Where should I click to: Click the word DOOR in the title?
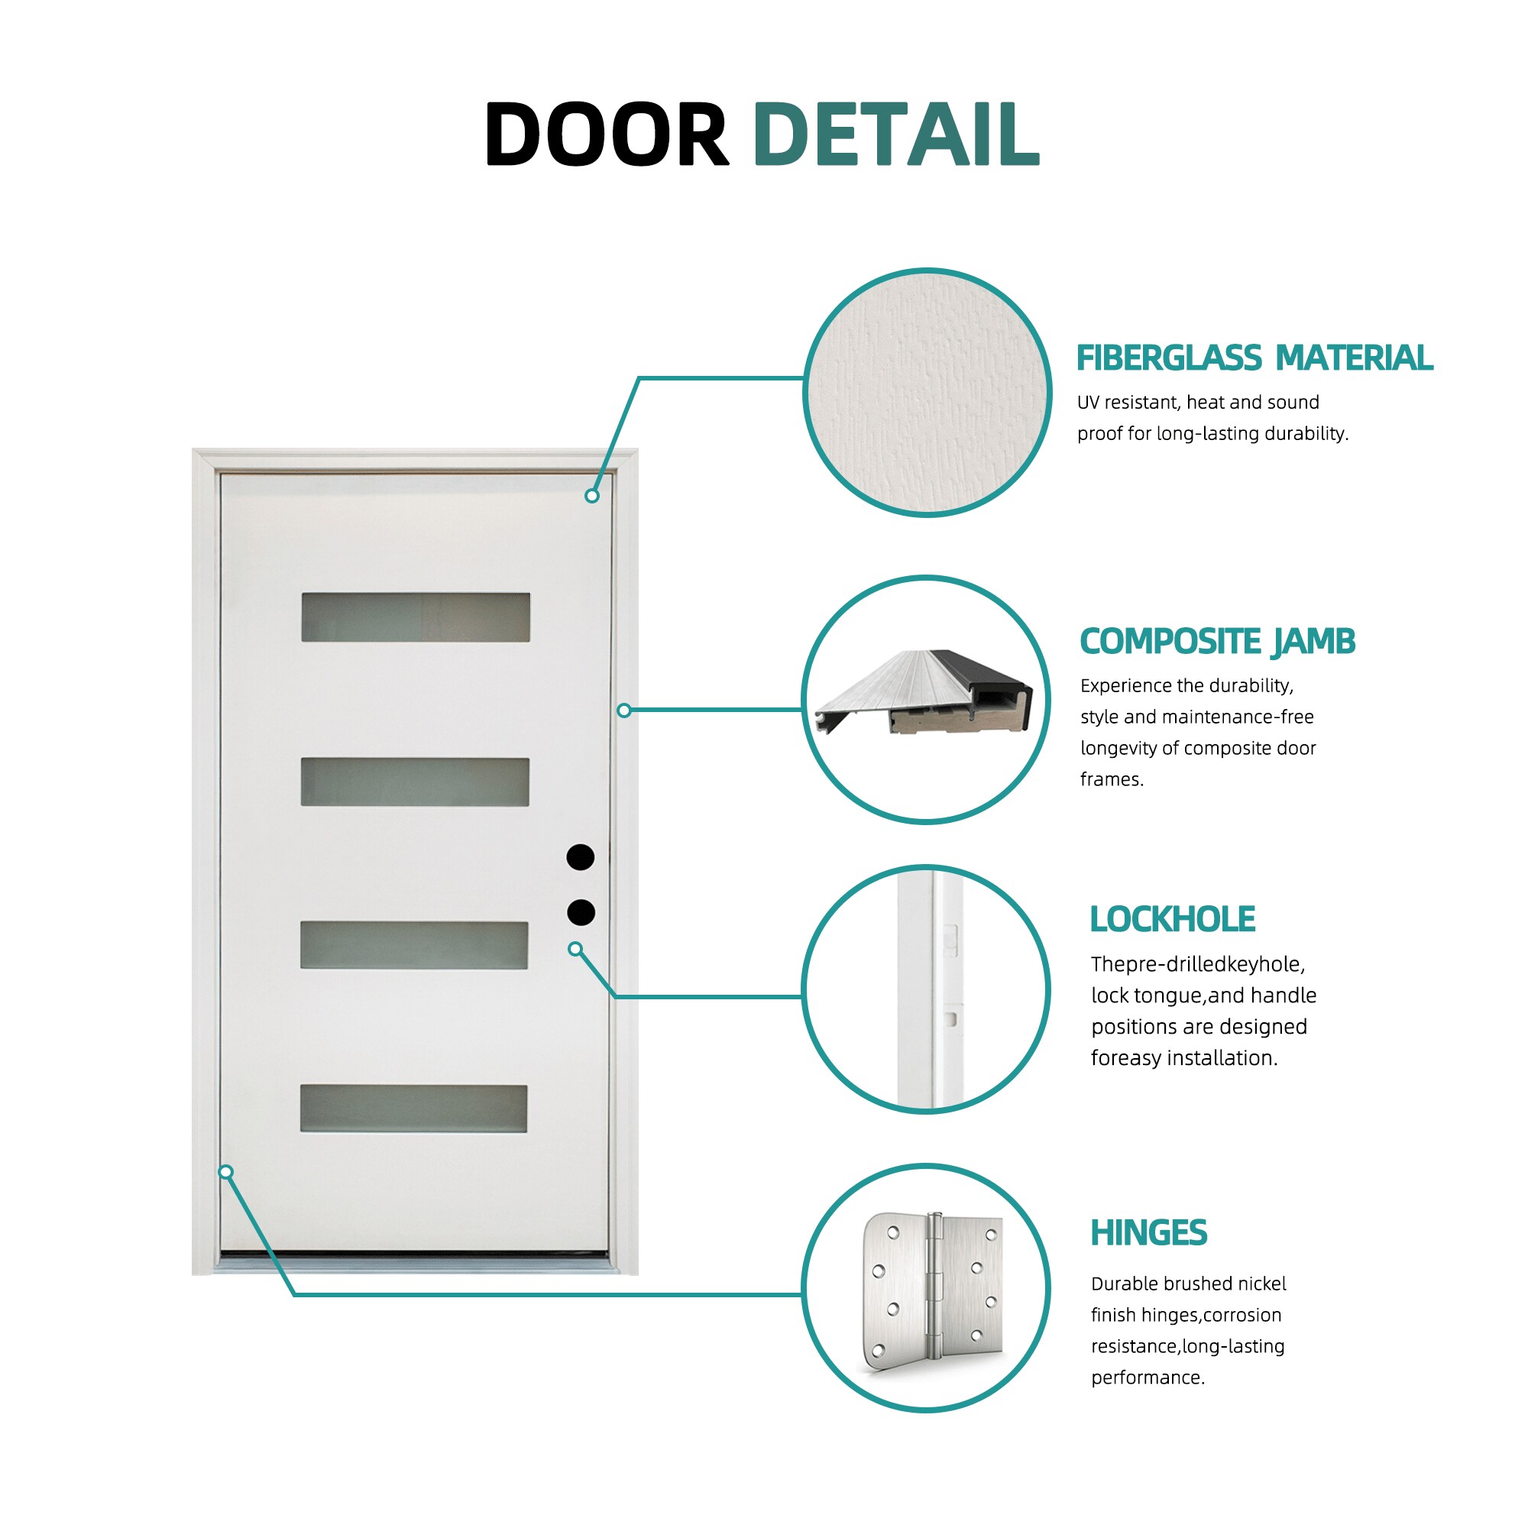[x=607, y=134]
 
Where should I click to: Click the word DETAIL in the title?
[x=896, y=134]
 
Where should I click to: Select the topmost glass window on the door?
[x=415, y=617]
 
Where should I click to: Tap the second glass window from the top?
[x=414, y=782]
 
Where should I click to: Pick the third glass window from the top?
[x=413, y=944]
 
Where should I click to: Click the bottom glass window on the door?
[x=413, y=1108]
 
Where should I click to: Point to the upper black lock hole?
[x=581, y=856]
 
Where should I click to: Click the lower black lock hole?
[x=581, y=912]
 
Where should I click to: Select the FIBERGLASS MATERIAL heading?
[x=1254, y=358]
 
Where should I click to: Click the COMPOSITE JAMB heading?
[x=1218, y=642]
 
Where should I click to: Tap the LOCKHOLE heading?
[x=1172, y=919]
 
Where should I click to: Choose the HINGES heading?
[x=1149, y=1233]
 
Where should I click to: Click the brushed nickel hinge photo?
[x=932, y=1290]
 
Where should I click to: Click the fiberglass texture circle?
[x=927, y=392]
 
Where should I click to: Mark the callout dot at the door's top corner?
[x=591, y=496]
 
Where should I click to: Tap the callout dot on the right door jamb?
[x=624, y=711]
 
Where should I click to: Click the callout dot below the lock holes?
[x=575, y=949]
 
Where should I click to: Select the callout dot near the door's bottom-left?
[x=226, y=1172]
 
